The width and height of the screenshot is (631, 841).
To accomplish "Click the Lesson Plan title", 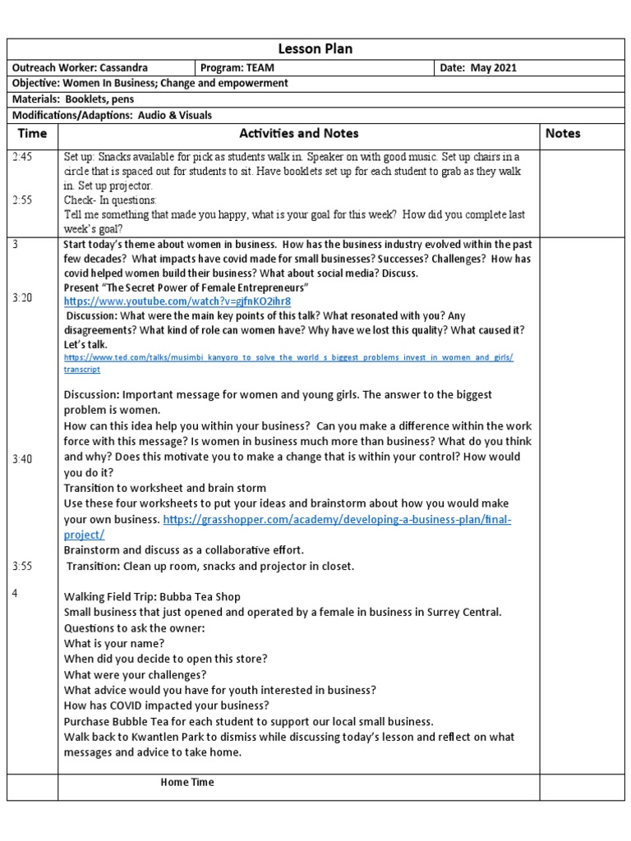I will [x=315, y=49].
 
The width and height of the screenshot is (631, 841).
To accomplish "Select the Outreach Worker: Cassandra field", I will [x=80, y=68].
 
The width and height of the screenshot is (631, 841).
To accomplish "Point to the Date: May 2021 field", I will [x=479, y=68].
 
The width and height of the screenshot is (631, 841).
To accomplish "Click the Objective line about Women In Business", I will [x=149, y=84].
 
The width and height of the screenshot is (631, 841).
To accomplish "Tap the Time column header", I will [x=32, y=133].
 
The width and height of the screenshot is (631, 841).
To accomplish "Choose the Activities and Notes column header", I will [x=298, y=133].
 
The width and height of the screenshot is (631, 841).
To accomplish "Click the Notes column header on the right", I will [x=563, y=133].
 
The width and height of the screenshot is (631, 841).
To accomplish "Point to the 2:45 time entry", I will [x=23, y=157].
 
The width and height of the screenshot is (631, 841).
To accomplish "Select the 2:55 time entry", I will [x=23, y=200].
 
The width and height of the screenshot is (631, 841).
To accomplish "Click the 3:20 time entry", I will [x=23, y=298].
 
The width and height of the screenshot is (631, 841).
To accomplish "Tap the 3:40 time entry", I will [x=23, y=459].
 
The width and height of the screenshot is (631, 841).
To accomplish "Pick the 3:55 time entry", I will [x=23, y=566].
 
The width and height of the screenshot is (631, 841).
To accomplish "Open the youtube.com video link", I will [x=177, y=302].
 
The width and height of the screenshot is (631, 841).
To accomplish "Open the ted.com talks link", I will [x=288, y=358].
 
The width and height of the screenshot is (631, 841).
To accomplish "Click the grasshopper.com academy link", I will [x=337, y=521].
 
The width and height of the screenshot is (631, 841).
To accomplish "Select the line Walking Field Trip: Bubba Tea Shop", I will [x=152, y=597].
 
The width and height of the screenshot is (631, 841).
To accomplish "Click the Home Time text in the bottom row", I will [x=187, y=783].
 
